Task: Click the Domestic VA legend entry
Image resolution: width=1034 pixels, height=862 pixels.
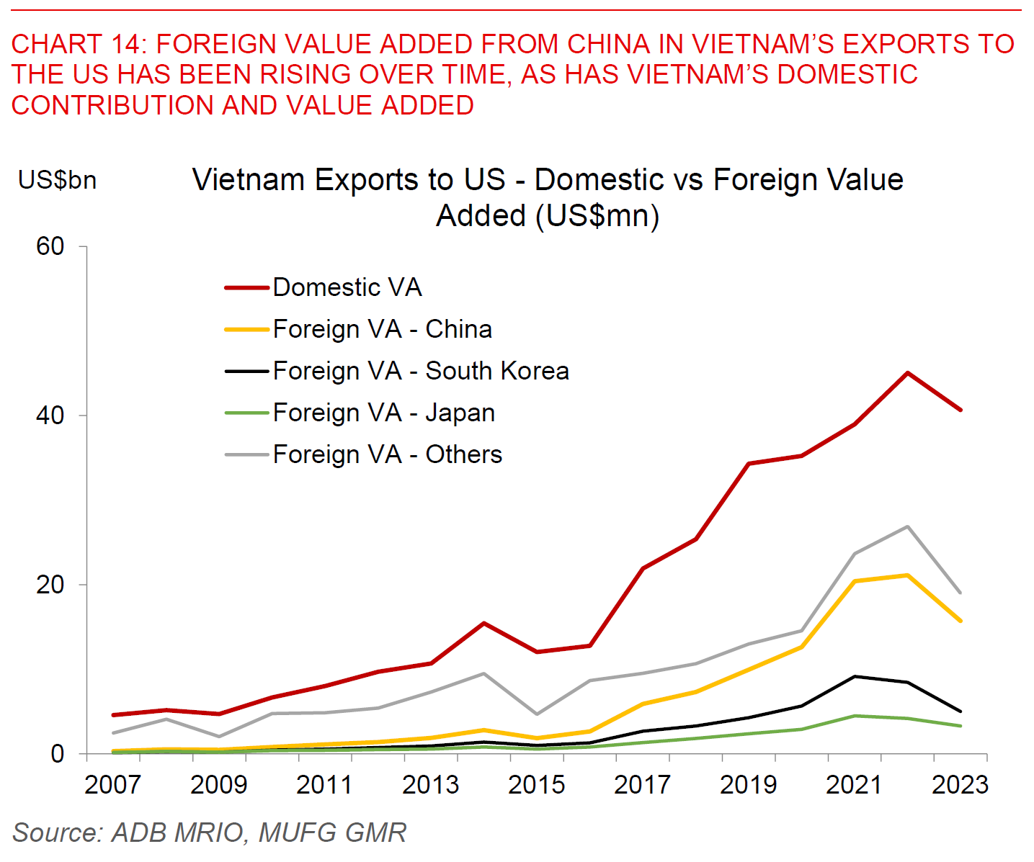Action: tap(347, 287)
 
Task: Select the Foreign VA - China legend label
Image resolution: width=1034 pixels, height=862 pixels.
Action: tap(382, 329)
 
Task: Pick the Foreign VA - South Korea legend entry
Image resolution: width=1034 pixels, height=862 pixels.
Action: tap(421, 371)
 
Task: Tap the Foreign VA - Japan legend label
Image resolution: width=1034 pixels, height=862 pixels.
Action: tap(383, 413)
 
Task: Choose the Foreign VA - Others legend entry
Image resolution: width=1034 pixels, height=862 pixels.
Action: tap(387, 454)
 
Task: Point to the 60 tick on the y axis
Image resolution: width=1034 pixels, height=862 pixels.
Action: tap(50, 246)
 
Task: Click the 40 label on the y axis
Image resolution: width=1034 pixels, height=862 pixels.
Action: tap(50, 416)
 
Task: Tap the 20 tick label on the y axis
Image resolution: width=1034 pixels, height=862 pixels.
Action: tap(50, 585)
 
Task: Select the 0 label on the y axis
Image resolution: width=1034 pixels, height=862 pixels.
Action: tap(58, 754)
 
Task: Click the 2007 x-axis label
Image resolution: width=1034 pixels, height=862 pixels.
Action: tap(113, 784)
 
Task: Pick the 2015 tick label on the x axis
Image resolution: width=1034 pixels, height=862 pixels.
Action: tap(536, 784)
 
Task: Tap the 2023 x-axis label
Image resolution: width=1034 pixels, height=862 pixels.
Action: tap(960, 784)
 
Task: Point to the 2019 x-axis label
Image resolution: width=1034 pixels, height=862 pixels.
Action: tap(748, 784)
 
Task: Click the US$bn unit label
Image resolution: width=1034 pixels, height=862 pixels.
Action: tap(58, 180)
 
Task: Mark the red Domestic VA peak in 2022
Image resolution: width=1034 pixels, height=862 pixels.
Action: tap(907, 373)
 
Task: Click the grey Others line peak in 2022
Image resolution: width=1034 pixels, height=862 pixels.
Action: tap(907, 526)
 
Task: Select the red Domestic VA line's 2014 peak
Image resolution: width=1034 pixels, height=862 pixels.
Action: tap(483, 623)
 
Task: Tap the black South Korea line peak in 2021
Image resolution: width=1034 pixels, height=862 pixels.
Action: tap(855, 676)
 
